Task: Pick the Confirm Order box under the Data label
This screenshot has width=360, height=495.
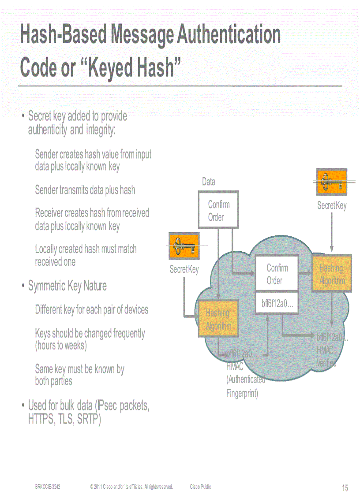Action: click(x=218, y=210)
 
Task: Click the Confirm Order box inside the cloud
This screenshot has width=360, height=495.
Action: click(x=277, y=274)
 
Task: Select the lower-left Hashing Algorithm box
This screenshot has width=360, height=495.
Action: click(x=218, y=319)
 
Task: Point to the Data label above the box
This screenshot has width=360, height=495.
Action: click(x=208, y=182)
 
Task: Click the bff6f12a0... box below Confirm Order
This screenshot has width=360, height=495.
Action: click(x=277, y=304)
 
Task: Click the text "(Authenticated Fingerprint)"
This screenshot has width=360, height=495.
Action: click(x=245, y=386)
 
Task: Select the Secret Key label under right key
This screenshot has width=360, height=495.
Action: click(x=332, y=205)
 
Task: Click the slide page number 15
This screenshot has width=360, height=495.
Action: click(x=345, y=488)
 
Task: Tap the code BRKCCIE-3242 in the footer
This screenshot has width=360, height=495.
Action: click(x=48, y=487)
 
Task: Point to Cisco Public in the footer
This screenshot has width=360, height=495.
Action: click(x=200, y=487)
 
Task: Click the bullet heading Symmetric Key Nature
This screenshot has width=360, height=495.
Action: click(x=67, y=286)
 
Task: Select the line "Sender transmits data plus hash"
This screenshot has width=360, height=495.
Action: click(x=85, y=190)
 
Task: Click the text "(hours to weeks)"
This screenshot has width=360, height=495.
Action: click(x=61, y=346)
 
